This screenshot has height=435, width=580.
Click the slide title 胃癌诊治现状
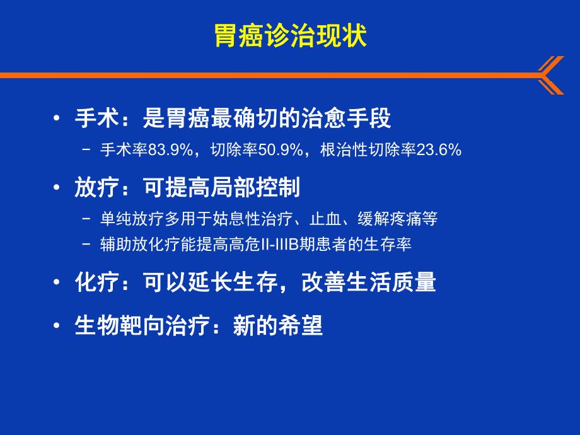290,36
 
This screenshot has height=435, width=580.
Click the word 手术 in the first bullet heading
93,118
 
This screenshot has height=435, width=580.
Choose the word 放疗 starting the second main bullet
93,187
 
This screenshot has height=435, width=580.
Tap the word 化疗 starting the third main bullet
93,282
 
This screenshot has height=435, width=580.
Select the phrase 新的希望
277,325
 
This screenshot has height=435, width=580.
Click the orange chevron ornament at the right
552,75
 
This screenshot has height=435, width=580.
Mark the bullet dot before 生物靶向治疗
58,326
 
